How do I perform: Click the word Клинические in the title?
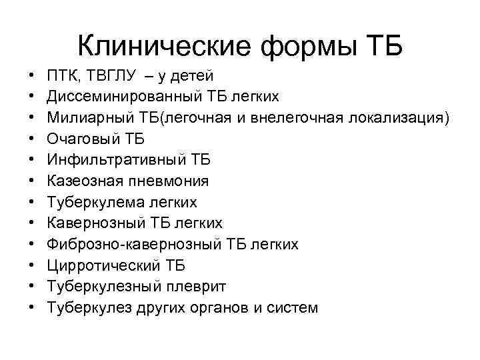163,46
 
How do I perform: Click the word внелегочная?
305,118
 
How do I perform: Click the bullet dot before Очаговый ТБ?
31,139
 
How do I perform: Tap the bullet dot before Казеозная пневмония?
31,181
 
